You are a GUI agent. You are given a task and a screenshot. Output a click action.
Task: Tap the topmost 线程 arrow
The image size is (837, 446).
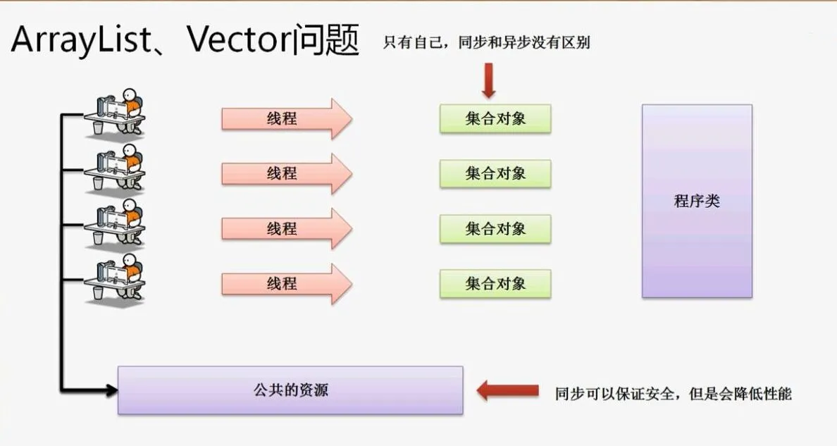coord(285,118)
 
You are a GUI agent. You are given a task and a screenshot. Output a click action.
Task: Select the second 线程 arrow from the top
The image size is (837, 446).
coord(285,173)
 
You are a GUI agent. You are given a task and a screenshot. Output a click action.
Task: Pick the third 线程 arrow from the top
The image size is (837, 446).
coord(285,228)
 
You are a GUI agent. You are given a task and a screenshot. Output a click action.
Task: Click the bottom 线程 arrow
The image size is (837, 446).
coord(285,284)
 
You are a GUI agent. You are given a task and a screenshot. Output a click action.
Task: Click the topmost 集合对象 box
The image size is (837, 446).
coord(495,118)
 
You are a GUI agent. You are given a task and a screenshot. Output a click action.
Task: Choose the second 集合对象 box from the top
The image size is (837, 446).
coord(495,173)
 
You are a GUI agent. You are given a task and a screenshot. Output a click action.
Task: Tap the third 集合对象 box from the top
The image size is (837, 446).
coord(495,228)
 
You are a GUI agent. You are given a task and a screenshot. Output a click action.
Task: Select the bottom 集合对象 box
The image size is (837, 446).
coord(495,284)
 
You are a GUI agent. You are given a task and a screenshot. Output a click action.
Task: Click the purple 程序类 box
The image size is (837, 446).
coord(697,201)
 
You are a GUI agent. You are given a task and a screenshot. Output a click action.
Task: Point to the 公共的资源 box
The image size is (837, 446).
coord(290,390)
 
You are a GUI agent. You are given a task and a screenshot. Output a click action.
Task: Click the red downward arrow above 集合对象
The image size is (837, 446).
coord(489,80)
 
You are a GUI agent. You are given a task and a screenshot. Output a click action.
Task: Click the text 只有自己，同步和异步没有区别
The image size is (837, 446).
coord(486,43)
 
